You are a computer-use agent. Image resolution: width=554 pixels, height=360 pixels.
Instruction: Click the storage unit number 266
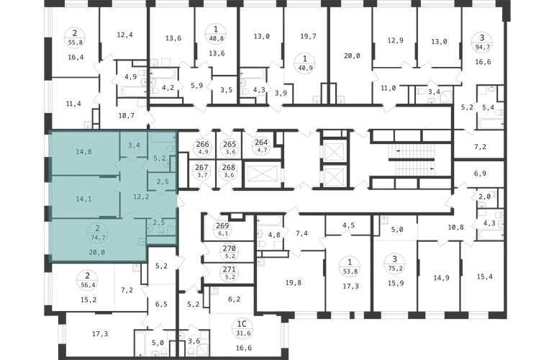pos(202,144)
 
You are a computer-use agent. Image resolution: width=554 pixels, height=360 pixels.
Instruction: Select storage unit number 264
pos(261,143)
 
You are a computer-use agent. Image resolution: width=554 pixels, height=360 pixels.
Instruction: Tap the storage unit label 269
pos(222,225)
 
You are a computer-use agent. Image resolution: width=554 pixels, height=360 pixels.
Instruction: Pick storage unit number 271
pos(230,270)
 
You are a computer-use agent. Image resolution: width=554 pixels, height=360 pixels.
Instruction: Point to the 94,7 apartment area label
pos(482,46)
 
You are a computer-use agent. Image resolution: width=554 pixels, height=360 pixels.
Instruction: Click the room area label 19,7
pos(308,36)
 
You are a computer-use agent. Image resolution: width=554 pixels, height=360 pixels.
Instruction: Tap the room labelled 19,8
pos(294,282)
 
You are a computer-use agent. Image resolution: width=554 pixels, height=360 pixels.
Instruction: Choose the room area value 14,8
pos(83,152)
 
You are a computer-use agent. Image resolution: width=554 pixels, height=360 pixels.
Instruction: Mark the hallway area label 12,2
pos(141,197)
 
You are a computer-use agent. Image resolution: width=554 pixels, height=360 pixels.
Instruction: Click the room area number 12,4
pos(124,35)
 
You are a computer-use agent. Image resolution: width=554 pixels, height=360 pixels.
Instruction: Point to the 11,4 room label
pos(73,104)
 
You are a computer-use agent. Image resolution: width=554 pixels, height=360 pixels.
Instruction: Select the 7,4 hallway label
pos(301,233)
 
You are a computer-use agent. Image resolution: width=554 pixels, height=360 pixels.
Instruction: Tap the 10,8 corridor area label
pos(455,227)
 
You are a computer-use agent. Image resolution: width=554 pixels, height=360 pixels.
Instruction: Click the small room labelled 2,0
pos(485,197)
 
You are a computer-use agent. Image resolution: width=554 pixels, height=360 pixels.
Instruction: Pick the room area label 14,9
pos(441,278)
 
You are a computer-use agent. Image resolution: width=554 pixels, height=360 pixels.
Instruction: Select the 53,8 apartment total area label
pos(350,271)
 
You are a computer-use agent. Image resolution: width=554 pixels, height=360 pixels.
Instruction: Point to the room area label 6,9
pos(480,174)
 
